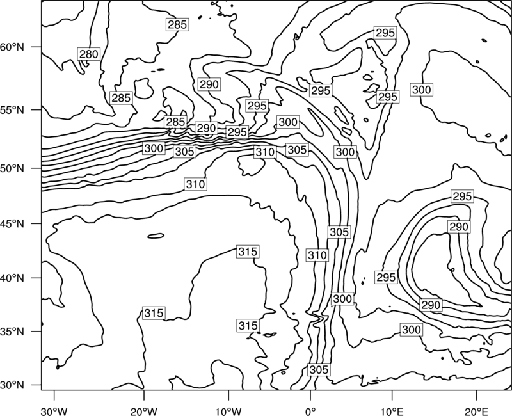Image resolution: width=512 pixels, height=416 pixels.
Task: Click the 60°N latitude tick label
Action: click(x=12, y=47)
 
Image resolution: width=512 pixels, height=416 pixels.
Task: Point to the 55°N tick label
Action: click(x=12, y=110)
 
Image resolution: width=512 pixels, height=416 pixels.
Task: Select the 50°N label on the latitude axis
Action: click(x=12, y=169)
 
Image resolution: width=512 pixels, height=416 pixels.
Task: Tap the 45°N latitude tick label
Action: click(x=12, y=223)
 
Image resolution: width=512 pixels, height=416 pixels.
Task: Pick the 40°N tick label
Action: click(x=12, y=278)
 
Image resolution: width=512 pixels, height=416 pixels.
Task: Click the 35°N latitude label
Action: click(x=12, y=332)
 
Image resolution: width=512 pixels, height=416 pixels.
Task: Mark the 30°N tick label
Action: click(x=12, y=385)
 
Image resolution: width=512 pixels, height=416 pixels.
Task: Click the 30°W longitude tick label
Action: click(x=54, y=412)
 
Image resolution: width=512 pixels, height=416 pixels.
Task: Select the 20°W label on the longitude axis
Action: click(x=143, y=412)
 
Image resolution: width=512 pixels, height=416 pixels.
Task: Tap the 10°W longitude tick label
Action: click(x=228, y=412)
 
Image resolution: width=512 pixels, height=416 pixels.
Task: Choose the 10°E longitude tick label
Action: click(x=392, y=412)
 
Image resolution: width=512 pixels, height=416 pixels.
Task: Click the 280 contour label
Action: click(x=89, y=54)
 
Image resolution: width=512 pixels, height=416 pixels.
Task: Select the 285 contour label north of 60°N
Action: click(x=177, y=24)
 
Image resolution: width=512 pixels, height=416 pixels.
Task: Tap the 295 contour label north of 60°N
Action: click(x=385, y=33)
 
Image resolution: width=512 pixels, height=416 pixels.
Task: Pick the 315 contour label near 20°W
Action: click(x=154, y=313)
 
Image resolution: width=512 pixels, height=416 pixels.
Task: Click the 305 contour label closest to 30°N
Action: click(x=319, y=370)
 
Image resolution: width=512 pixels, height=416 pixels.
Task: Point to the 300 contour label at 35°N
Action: click(x=412, y=330)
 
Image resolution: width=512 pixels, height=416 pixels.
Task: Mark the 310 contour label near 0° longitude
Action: click(x=317, y=255)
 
